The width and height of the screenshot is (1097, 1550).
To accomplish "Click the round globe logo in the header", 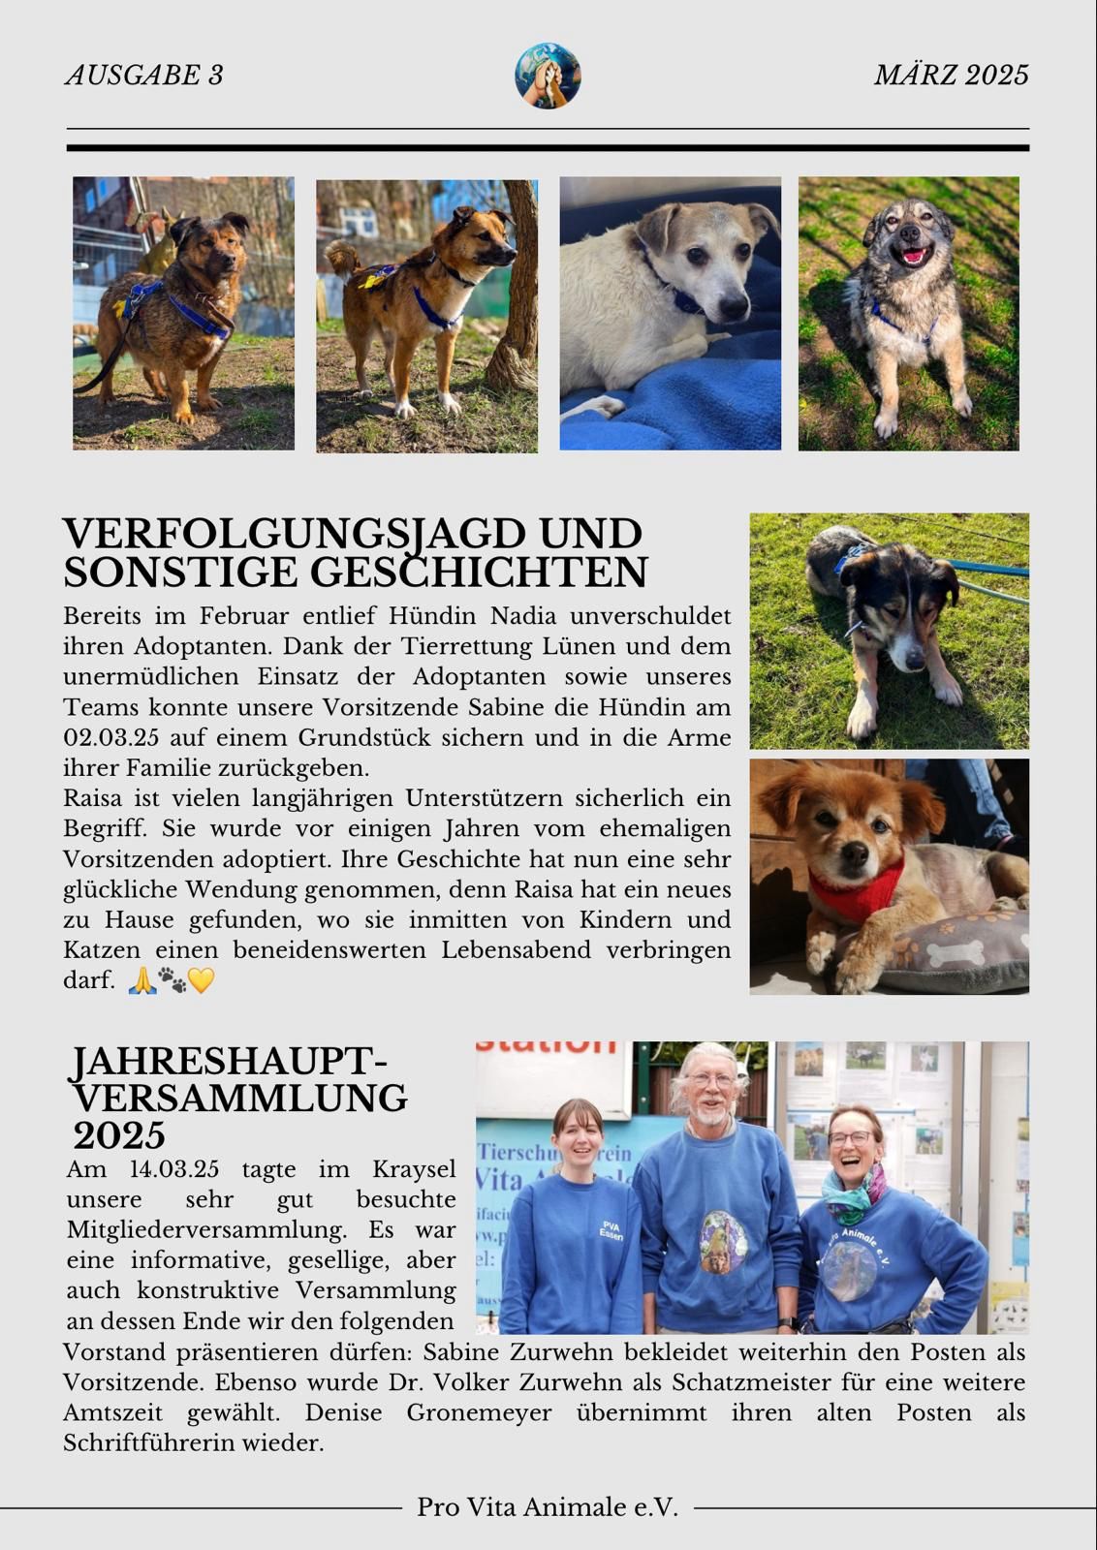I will (548, 76).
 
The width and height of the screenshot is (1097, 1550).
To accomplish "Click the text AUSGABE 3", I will (144, 76).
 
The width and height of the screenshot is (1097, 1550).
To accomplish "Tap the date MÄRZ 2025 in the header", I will (951, 76).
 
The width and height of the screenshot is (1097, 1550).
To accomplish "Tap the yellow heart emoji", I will (201, 980).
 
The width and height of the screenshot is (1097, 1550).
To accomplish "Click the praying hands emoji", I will (141, 980).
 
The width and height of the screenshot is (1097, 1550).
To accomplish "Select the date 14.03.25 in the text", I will (174, 1169).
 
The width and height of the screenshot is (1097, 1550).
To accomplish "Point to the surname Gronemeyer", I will (479, 1412).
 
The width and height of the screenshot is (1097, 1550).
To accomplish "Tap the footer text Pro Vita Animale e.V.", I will (548, 1507).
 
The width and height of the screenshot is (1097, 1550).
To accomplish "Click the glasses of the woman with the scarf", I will (851, 1139).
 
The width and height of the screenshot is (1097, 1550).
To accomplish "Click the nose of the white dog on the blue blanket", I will (734, 308).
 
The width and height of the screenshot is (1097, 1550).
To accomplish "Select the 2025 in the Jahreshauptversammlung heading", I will (119, 1135).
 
